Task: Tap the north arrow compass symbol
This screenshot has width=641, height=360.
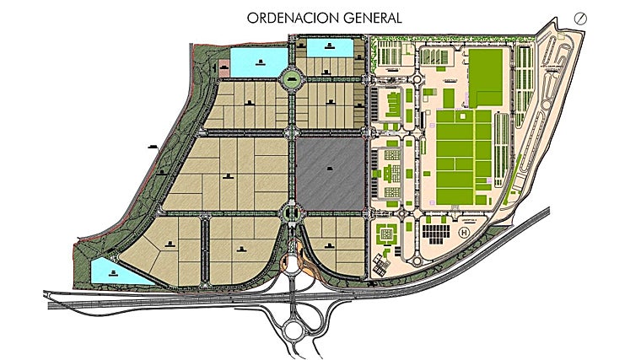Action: tap(580, 18)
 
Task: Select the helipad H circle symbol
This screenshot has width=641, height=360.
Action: tap(462, 232)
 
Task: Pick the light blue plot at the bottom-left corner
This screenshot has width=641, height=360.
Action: tap(105, 271)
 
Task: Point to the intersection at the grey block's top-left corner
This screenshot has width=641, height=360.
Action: tap(293, 132)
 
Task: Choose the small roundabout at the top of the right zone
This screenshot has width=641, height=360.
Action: tap(419, 81)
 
